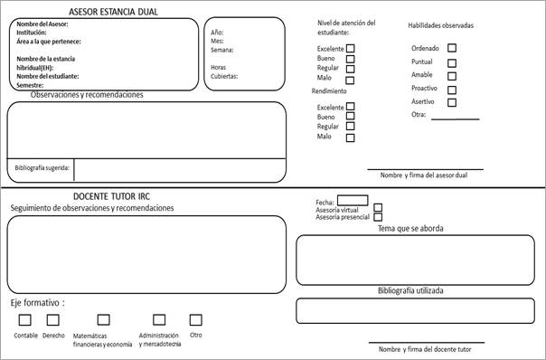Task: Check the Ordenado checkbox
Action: (x=452, y=48)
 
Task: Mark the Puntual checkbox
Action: (x=452, y=62)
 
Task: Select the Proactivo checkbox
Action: (x=452, y=90)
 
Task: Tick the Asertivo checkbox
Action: (x=452, y=102)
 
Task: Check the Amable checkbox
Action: (x=452, y=76)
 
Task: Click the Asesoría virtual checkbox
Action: (x=379, y=209)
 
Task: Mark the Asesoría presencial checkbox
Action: (x=379, y=217)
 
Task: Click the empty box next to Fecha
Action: (x=353, y=200)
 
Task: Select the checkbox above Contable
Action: (x=24, y=319)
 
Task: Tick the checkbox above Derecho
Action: (x=52, y=319)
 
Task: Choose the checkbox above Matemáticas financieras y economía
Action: (x=103, y=319)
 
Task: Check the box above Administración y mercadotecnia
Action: (x=159, y=319)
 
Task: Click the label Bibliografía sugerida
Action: (x=42, y=168)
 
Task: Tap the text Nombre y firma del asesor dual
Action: (x=424, y=175)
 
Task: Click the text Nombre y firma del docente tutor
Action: (x=426, y=349)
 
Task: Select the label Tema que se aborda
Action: (x=410, y=229)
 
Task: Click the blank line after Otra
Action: (x=455, y=118)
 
